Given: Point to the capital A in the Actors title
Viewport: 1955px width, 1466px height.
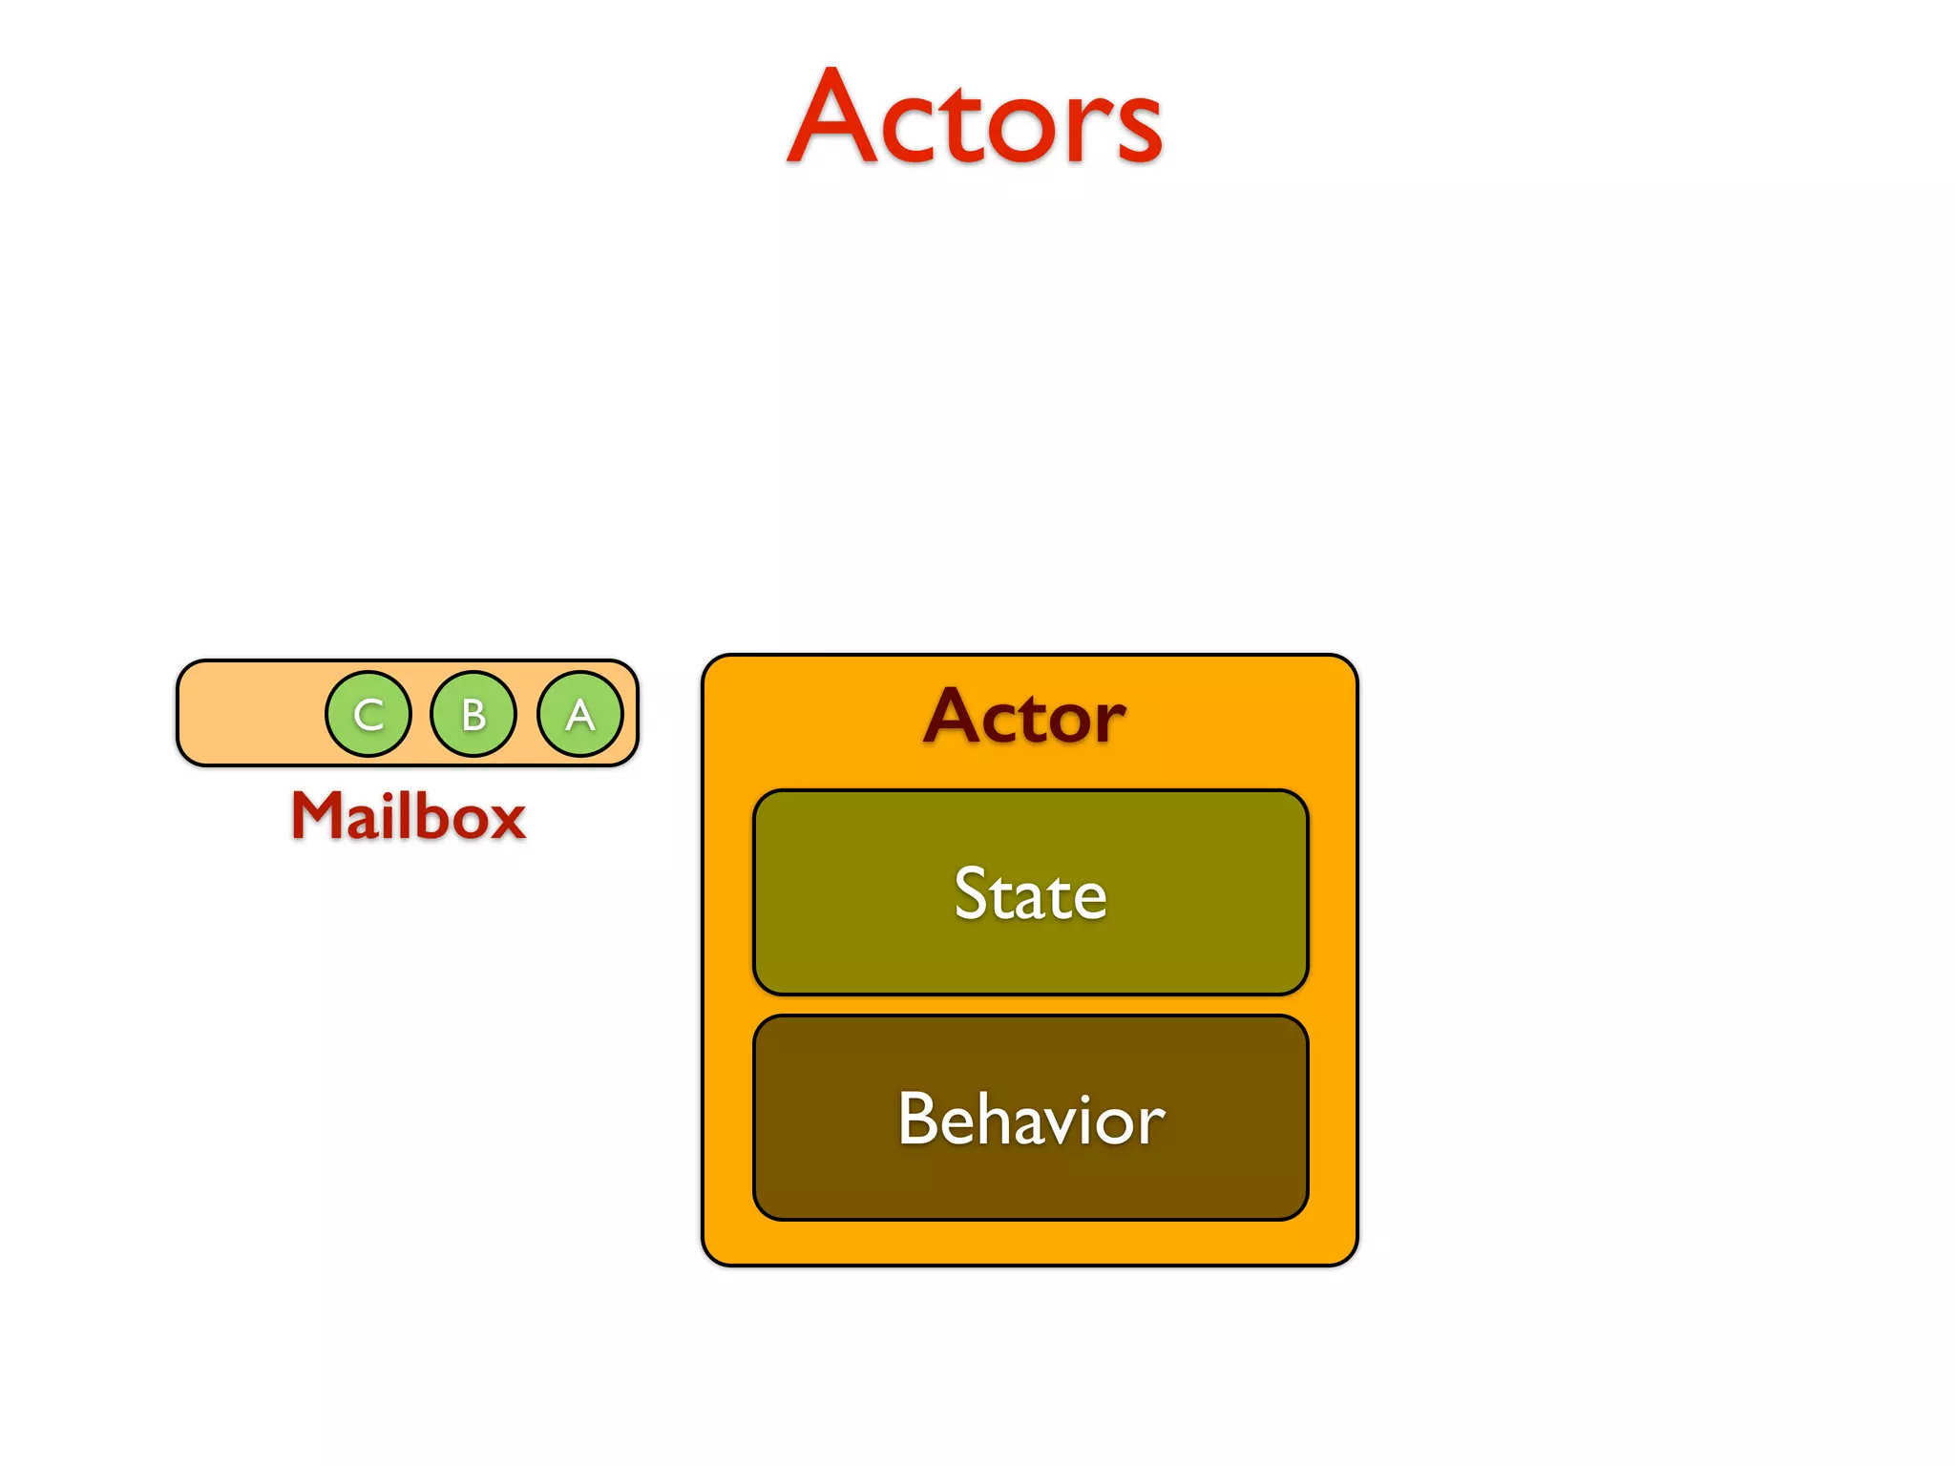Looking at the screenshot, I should click(831, 118).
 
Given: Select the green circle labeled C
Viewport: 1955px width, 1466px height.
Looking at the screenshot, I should click(368, 714).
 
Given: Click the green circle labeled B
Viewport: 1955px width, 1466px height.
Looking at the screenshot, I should click(473, 714).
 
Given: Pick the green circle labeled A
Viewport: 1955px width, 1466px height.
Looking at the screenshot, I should click(580, 714).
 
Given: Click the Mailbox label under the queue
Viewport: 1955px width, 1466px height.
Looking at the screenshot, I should click(409, 817).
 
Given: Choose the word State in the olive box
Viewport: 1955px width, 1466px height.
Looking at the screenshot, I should click(1031, 894).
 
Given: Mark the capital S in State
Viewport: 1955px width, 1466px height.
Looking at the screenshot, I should click(972, 894).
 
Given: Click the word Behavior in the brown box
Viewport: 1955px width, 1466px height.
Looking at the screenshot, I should click(1031, 1119).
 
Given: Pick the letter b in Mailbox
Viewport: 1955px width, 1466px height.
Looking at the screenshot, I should click(436, 816).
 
